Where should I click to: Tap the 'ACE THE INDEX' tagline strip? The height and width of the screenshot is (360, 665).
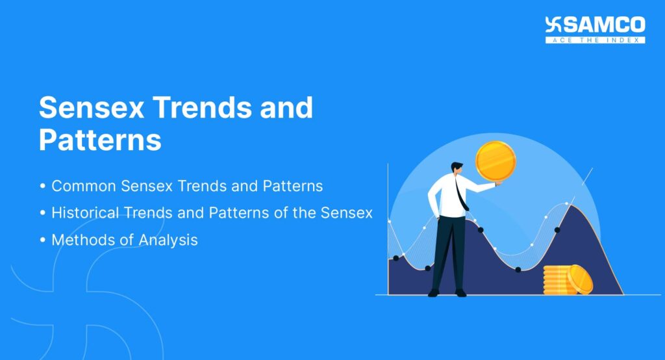595,40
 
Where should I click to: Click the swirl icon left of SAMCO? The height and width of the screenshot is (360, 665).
553,25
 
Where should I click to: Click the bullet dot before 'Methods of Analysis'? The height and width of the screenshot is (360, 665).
43,240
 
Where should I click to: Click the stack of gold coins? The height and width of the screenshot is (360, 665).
557,280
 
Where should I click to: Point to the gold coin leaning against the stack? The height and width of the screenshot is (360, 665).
580,280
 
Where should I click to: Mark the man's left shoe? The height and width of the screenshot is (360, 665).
434,293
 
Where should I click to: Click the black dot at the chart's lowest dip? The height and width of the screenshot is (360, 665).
518,269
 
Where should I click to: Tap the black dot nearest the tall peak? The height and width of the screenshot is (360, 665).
557,230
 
